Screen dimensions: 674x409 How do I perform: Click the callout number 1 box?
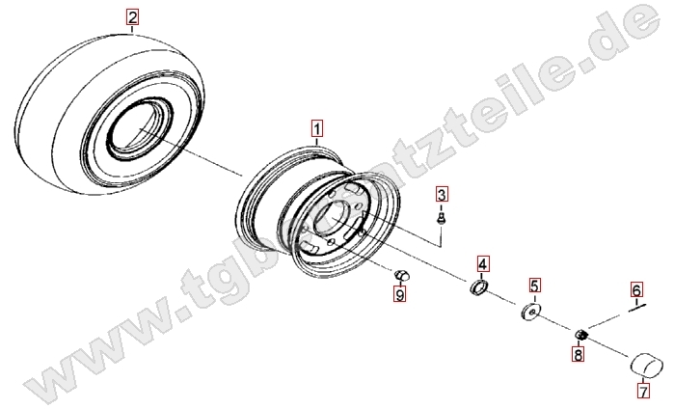(317, 128)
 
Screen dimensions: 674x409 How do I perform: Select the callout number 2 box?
(132, 17)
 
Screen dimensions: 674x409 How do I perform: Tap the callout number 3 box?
(442, 195)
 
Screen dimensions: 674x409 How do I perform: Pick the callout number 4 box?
(482, 263)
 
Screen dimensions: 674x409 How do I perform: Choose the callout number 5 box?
(534, 286)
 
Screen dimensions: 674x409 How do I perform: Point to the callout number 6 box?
(636, 289)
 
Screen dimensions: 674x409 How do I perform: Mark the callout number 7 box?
(643, 392)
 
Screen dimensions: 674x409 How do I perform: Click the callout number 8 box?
(579, 355)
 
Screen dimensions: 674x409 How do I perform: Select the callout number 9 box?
(400, 294)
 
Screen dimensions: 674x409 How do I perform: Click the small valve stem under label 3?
(441, 218)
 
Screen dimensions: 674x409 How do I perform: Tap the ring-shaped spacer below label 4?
(478, 287)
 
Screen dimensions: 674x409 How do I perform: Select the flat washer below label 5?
(530, 312)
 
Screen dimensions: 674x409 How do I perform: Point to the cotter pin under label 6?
(637, 307)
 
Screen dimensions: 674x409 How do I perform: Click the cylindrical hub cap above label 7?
(646, 365)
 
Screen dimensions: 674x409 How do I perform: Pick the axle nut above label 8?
(581, 334)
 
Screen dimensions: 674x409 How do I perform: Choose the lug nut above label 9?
(401, 275)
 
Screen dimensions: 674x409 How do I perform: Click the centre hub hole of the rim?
(332, 219)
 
